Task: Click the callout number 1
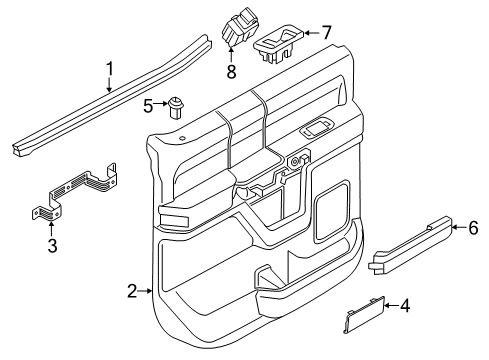[x=109, y=68]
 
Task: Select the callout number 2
[x=132, y=291]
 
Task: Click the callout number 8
[x=233, y=71]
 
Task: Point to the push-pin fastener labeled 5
[x=176, y=106]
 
